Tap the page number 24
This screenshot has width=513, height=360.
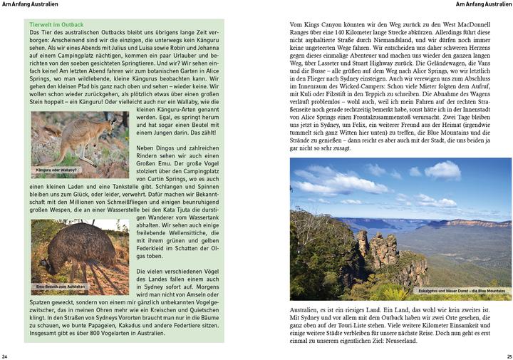point(5,355)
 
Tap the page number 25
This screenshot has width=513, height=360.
point(508,355)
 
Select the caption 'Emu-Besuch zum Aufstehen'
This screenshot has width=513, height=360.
point(61,287)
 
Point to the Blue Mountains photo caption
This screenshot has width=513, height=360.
point(462,291)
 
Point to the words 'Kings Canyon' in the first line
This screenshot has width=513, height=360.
point(328,25)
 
